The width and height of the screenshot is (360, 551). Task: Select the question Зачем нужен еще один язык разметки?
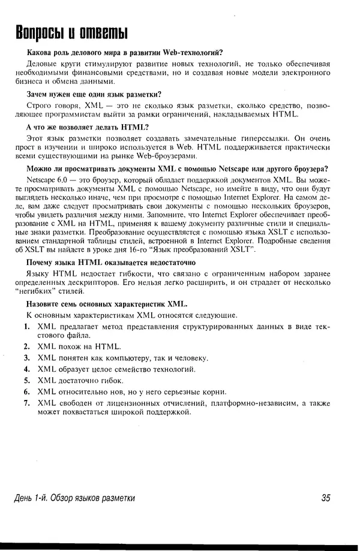(x=94, y=94)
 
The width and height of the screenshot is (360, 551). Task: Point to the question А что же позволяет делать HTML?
(x=88, y=127)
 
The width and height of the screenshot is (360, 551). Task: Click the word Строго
(x=40, y=106)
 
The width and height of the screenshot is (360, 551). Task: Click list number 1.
(x=27, y=327)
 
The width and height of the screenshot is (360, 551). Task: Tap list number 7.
(x=27, y=404)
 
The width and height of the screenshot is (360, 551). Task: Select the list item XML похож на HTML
(x=79, y=347)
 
